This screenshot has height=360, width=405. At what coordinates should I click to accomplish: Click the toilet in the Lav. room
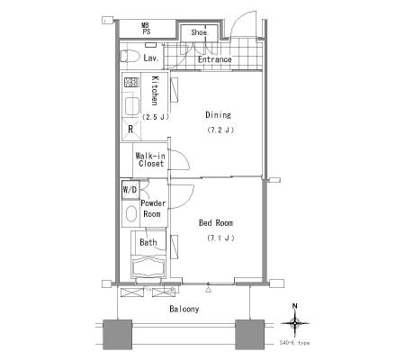[130, 57]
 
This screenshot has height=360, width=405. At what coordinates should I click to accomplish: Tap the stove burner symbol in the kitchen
[131, 82]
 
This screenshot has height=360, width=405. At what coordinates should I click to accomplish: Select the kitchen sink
[132, 106]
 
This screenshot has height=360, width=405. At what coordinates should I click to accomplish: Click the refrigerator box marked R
[131, 130]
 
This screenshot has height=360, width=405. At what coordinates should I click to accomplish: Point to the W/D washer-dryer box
[130, 190]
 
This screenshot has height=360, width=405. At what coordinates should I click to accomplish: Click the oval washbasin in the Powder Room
[130, 213]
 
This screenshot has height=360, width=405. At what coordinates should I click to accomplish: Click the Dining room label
[218, 115]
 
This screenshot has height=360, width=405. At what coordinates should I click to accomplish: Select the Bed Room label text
[216, 222]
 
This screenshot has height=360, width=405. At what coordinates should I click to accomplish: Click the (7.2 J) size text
[220, 130]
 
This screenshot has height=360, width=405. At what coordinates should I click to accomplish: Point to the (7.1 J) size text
[220, 238]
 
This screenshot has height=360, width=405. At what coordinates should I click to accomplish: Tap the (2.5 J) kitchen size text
[156, 117]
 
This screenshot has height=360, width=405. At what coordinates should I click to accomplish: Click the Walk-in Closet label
[151, 159]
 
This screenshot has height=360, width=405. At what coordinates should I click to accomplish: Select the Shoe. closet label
[200, 32]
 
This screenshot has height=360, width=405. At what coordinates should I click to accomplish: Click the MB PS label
[146, 29]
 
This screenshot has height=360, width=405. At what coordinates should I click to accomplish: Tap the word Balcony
[184, 309]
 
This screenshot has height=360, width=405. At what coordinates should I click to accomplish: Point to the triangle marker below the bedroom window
[209, 290]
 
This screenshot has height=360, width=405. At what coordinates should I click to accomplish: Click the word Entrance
[214, 59]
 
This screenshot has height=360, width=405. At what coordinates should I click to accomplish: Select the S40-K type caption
[294, 343]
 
